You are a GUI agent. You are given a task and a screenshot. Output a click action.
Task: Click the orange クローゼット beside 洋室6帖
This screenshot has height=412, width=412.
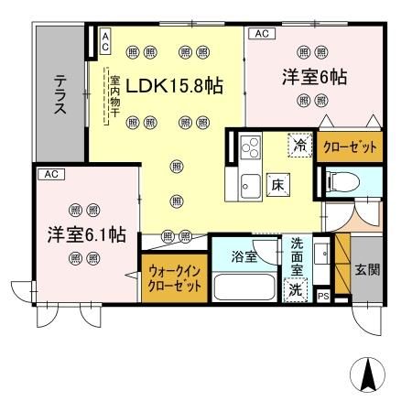tap(351, 147)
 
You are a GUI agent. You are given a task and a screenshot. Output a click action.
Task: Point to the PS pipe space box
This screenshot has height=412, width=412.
tap(321, 295)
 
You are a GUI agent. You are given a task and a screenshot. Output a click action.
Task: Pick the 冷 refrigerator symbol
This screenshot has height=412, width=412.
tap(298, 144)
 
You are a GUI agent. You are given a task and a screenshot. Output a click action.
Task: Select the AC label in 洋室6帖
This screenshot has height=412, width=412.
tap(260, 34)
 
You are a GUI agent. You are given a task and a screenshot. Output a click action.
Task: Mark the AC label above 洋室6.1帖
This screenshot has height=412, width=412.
tap(51, 172)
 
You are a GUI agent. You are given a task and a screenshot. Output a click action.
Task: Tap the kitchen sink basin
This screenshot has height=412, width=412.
tap(249, 189)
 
